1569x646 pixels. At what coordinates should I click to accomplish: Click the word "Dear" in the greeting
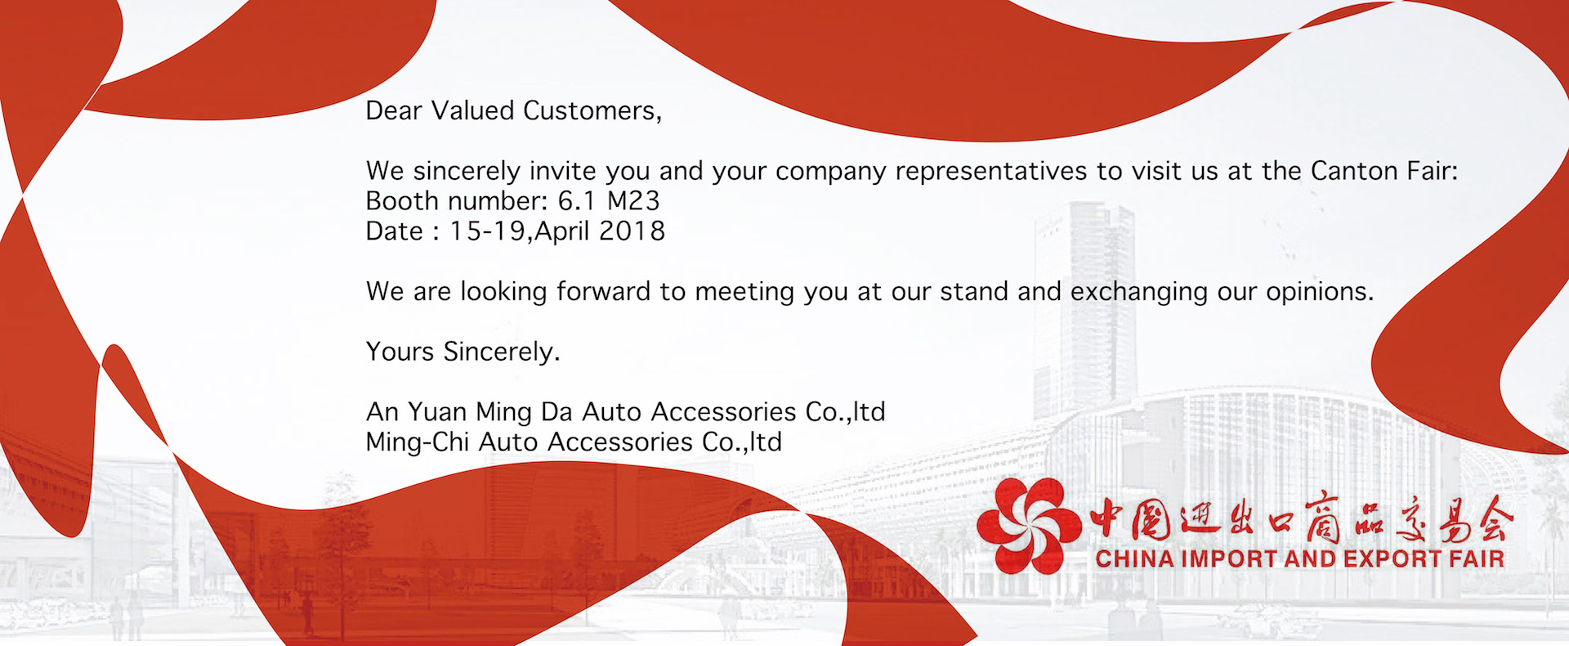tap(394, 110)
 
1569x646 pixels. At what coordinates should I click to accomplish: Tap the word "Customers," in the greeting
tap(592, 111)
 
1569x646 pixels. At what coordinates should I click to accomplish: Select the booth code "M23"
tap(633, 200)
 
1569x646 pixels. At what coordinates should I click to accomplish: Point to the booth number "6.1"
tap(577, 200)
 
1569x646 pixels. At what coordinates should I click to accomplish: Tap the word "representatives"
tap(992, 172)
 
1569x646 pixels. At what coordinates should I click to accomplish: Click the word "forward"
tap(603, 291)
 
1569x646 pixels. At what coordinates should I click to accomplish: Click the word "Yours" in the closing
tap(400, 352)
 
